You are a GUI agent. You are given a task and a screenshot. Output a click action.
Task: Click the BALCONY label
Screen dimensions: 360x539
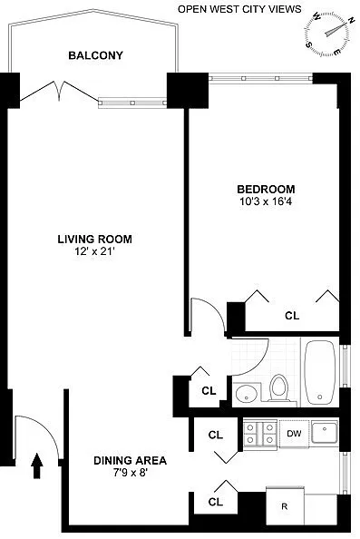(95, 55)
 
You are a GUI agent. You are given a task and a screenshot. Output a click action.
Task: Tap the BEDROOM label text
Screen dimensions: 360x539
(266, 190)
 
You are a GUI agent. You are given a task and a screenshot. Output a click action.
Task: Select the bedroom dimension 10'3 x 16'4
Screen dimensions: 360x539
(266, 201)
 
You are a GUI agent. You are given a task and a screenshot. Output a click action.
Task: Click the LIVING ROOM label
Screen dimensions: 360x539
(95, 240)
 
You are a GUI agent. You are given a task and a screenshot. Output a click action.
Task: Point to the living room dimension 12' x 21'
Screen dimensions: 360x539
(95, 251)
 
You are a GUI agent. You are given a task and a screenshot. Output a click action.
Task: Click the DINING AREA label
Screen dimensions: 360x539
(131, 461)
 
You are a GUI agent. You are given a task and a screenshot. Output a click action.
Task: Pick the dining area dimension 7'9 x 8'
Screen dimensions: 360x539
(131, 473)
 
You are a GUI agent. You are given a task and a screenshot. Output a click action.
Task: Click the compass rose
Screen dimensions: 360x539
(327, 33)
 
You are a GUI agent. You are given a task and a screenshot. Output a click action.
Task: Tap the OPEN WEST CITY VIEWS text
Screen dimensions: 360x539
(239, 9)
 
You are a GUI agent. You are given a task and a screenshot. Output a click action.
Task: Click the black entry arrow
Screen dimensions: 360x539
(37, 465)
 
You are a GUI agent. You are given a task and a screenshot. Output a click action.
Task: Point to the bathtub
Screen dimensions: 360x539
(320, 372)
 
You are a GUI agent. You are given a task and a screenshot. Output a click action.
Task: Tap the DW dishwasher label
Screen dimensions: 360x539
(294, 434)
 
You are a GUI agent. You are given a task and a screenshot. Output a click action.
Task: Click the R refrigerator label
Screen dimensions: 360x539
(285, 506)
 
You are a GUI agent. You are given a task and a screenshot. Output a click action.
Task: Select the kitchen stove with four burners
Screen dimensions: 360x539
(260, 434)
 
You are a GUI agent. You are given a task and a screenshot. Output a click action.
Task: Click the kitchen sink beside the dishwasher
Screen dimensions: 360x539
(325, 432)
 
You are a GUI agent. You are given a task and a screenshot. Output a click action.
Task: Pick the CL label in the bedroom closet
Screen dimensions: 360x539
(292, 316)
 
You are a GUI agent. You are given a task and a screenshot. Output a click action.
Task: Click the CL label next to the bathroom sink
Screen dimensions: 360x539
(209, 391)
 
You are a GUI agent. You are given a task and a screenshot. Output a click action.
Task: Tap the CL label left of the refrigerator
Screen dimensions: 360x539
(216, 502)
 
